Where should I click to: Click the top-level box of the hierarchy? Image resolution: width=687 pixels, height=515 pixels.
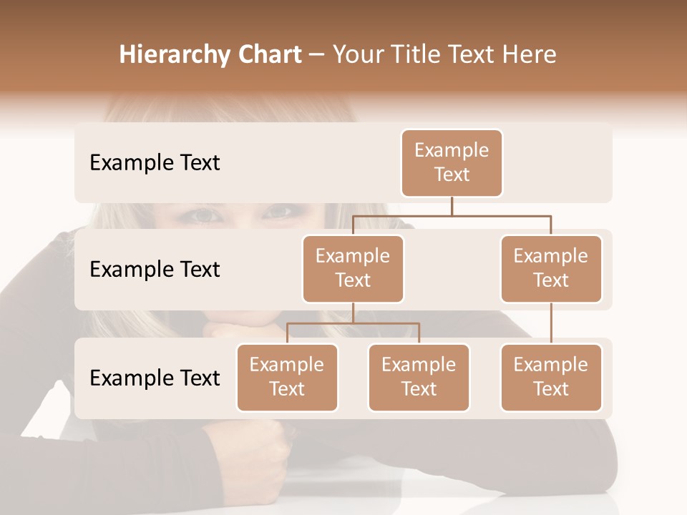click(452, 162)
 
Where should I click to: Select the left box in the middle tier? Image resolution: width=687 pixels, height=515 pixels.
click(353, 268)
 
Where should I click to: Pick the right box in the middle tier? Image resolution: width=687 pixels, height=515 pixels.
click(551, 268)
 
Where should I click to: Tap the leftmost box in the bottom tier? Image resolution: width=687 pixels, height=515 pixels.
click(287, 377)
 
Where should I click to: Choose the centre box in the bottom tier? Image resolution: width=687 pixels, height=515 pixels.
click(419, 377)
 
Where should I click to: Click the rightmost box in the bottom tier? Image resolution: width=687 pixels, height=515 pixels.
click(551, 377)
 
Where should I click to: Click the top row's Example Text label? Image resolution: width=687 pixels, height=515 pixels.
click(155, 162)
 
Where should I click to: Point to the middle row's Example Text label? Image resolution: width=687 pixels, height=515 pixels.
click(155, 269)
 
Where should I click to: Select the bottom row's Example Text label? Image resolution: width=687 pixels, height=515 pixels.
click(155, 378)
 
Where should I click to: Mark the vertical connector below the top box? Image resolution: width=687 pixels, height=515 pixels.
click(452, 206)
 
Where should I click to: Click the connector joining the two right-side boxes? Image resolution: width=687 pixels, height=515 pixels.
click(551, 323)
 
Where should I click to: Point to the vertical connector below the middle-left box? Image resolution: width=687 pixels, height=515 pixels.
click(353, 313)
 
